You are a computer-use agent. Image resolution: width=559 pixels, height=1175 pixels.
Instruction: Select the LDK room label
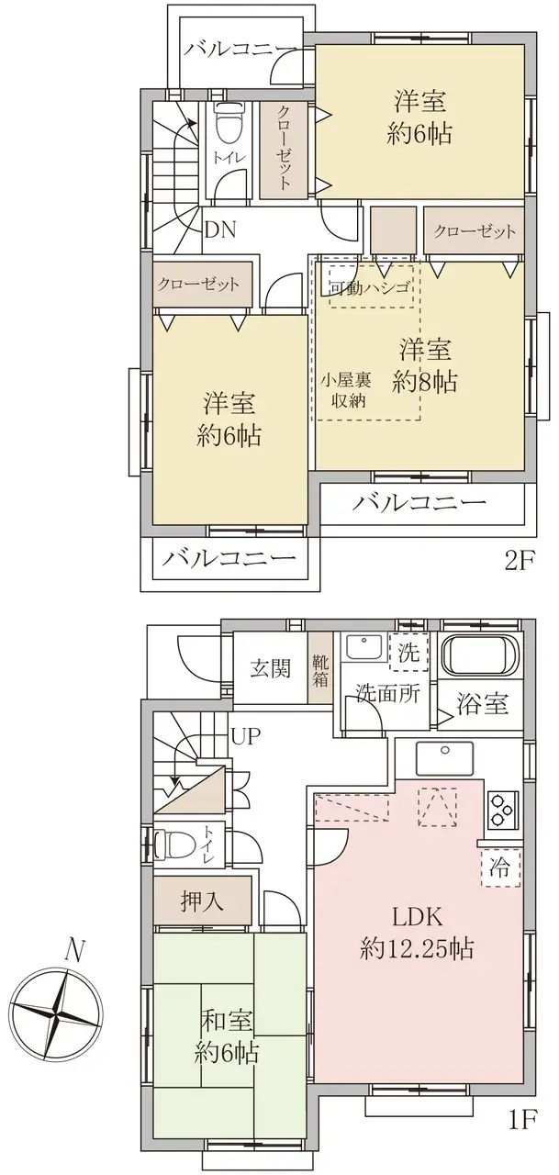(x=418, y=917)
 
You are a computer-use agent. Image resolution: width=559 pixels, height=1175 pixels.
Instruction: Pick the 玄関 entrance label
(x=270, y=669)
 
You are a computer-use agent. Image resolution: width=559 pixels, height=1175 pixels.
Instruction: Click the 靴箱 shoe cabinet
(x=319, y=669)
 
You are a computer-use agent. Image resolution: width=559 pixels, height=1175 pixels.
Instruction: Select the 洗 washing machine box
(x=408, y=652)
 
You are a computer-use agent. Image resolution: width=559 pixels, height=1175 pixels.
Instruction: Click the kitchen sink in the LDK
(x=444, y=758)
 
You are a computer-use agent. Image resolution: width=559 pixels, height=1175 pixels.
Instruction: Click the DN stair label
(x=220, y=229)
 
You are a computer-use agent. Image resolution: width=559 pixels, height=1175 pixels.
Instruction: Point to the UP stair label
(x=246, y=736)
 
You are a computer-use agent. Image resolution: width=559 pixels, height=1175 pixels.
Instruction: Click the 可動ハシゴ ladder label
(x=369, y=288)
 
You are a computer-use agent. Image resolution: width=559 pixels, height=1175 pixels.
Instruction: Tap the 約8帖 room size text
(x=425, y=383)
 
